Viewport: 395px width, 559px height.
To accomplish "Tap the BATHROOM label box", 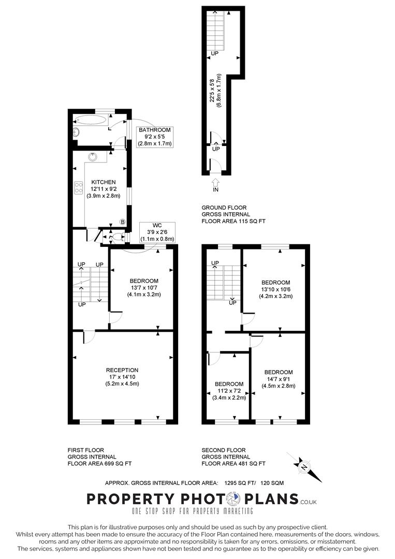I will coord(154,137).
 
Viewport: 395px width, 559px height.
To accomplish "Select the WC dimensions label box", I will coord(158,232).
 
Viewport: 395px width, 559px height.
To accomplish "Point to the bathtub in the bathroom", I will coord(94,119).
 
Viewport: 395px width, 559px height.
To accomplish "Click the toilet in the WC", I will coord(117,238).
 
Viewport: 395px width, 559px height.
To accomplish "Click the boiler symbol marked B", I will coord(123,222).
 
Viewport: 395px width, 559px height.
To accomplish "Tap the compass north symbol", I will coord(304,466).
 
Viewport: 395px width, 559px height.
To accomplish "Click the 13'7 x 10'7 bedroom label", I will coord(144,288).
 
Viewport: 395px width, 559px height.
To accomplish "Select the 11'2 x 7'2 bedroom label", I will coord(228,391).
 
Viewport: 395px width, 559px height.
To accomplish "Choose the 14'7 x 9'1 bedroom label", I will coord(279,379).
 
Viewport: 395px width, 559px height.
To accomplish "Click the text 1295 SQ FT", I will coord(241,483).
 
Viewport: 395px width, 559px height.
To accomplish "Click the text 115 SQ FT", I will coord(249,221).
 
